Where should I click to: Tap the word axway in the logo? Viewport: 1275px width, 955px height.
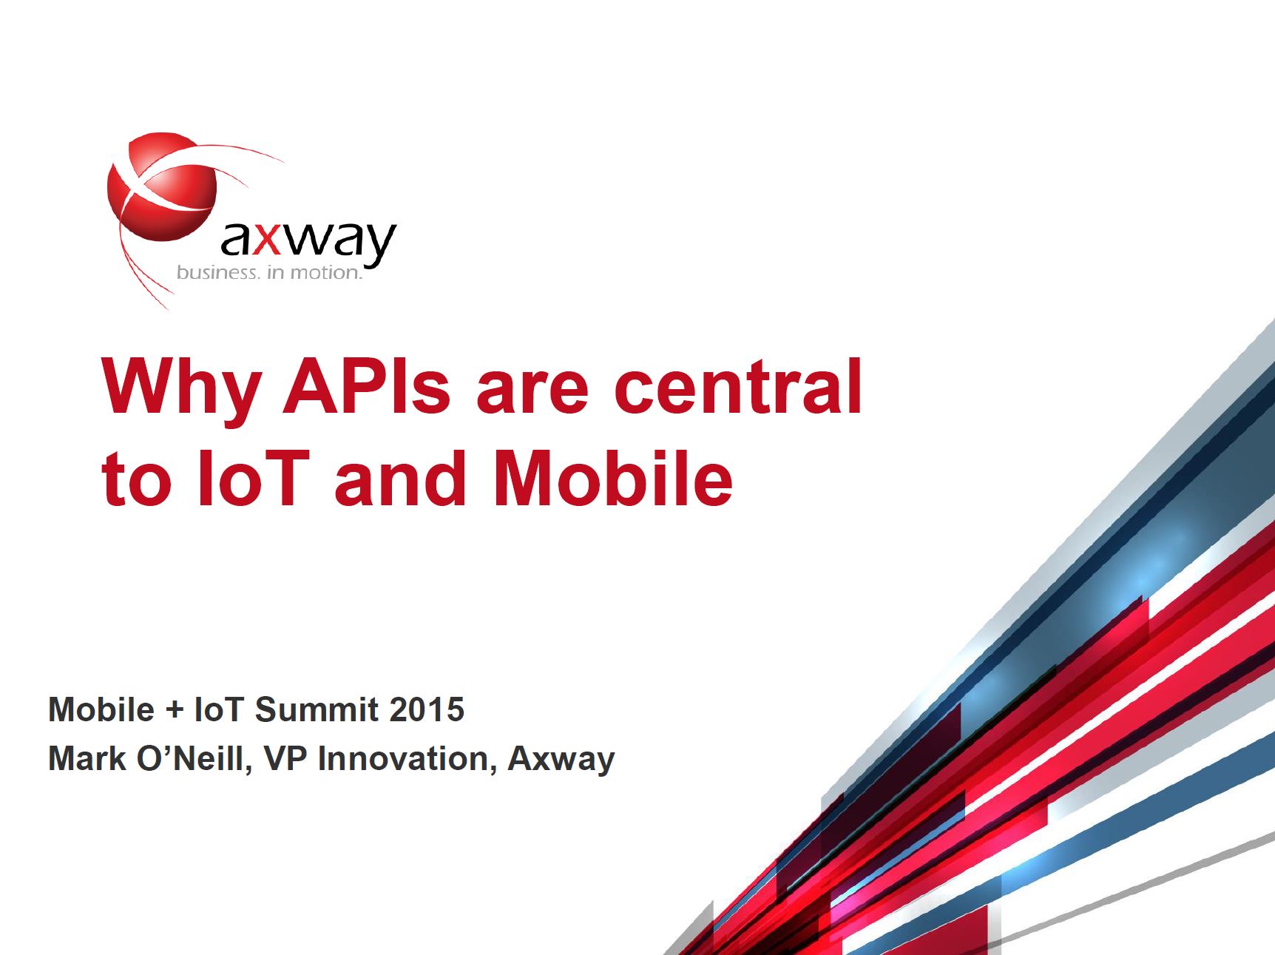click(308, 240)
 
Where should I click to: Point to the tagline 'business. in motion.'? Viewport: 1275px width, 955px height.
click(269, 273)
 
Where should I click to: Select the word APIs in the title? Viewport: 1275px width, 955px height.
click(366, 386)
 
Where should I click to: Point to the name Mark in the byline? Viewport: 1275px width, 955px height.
click(87, 759)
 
